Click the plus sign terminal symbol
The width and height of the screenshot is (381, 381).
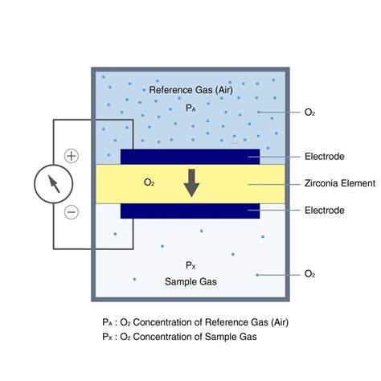72,156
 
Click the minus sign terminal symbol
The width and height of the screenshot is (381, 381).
72,212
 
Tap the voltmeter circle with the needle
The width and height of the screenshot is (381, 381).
54,184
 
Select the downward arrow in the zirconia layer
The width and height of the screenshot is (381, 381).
191,183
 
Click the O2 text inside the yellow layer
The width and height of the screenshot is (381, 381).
149,182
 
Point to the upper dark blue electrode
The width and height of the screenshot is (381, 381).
190,157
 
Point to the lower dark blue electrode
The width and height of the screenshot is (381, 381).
190,211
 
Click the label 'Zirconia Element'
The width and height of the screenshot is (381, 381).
340,183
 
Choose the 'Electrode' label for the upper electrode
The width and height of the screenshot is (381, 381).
325,157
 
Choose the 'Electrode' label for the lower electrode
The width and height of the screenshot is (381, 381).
325,210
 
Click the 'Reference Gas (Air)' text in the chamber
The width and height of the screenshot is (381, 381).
190,90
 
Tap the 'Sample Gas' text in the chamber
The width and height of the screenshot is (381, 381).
190,281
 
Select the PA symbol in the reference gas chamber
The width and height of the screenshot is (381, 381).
190,108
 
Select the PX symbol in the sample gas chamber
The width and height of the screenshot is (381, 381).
190,265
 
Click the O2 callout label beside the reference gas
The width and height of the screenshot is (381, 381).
309,113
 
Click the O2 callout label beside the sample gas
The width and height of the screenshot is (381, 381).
309,274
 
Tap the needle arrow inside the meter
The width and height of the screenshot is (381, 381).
54,184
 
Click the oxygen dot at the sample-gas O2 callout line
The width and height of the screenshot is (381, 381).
257,275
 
